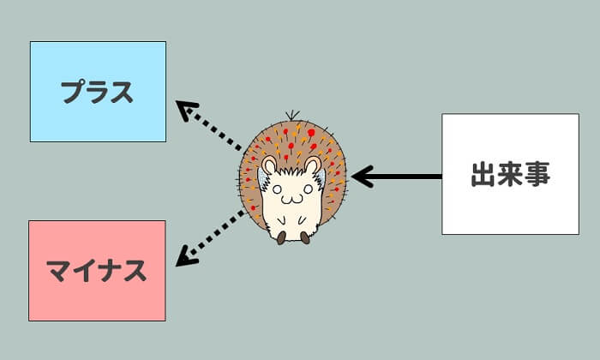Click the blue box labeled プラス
click(98, 92)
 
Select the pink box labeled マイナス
click(97, 271)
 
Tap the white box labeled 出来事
click(510, 174)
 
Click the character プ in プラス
click(73, 92)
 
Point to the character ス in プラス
click(123, 92)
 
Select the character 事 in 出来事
click(537, 175)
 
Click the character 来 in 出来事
click(510, 175)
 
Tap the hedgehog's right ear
click(313, 165)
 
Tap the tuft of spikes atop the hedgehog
click(292, 115)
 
